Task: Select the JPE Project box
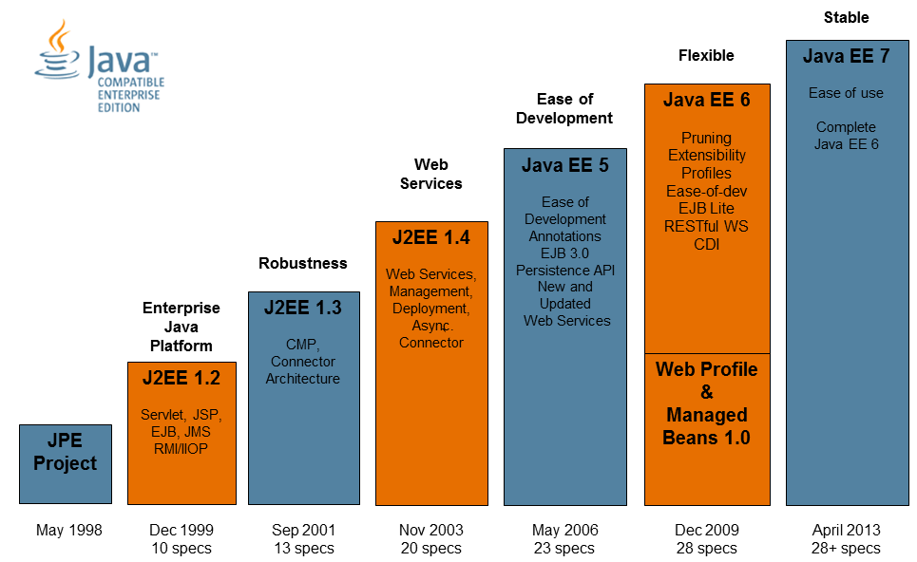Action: (66, 463)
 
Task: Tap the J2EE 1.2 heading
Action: (181, 378)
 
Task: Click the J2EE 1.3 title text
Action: (303, 309)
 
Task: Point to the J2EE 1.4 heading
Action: (431, 238)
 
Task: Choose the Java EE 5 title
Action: (564, 165)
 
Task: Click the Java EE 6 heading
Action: (707, 100)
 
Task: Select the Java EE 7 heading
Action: (846, 56)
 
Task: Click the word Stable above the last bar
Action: (846, 17)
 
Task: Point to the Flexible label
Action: (706, 55)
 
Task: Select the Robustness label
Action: (303, 263)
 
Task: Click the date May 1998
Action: (68, 530)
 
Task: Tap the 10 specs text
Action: (181, 548)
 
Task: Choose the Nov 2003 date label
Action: (431, 530)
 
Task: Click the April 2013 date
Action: (846, 530)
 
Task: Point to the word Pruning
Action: (706, 138)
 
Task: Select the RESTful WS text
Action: (706, 226)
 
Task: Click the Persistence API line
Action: (565, 270)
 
